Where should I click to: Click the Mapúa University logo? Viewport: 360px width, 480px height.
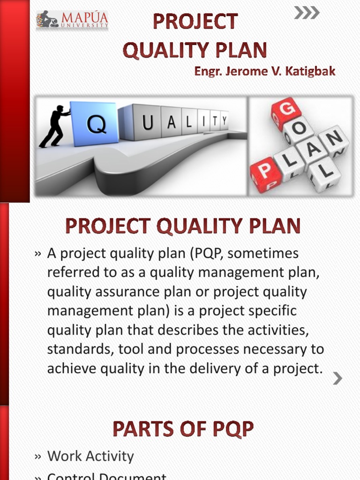[72, 20]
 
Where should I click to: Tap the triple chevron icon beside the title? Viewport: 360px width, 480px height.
[307, 13]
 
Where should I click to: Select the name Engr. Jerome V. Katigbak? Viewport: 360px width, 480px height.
[265, 72]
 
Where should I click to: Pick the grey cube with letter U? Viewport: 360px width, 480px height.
[147, 123]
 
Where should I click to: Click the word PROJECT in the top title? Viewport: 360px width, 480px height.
[195, 22]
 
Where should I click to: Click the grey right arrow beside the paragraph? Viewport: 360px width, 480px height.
[337, 378]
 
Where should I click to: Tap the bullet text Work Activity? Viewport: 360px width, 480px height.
[90, 456]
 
